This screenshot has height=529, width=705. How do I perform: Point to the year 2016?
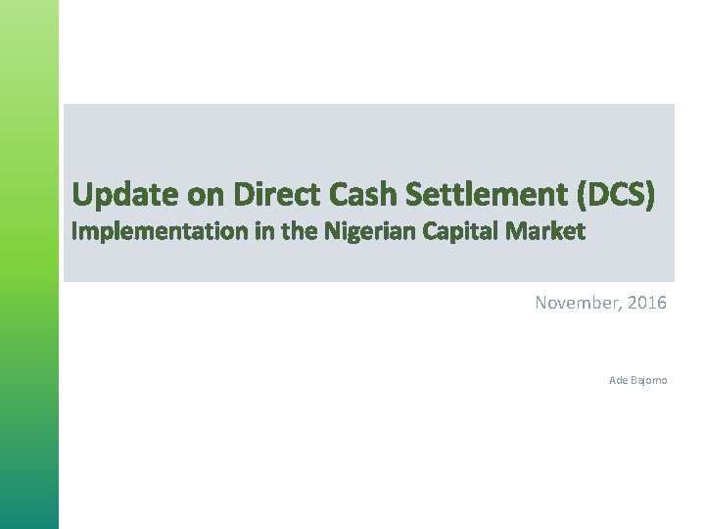point(647,304)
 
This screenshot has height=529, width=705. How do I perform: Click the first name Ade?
point(617,380)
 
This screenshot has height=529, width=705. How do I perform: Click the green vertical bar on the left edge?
point(29,264)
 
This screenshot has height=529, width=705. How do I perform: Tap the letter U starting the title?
point(82,196)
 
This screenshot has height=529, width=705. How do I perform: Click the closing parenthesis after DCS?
point(649,196)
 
